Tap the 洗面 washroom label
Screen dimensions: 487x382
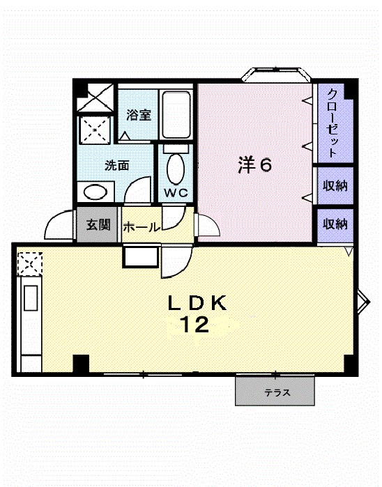(117, 166)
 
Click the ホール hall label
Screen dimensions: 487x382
(142, 227)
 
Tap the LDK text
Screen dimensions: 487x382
(196, 303)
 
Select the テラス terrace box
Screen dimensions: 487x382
(277, 392)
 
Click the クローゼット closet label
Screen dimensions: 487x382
(333, 123)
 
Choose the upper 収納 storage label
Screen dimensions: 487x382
(335, 186)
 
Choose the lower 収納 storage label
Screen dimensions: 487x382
(335, 224)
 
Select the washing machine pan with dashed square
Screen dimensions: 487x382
(94, 128)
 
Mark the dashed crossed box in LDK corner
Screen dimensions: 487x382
(29, 262)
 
